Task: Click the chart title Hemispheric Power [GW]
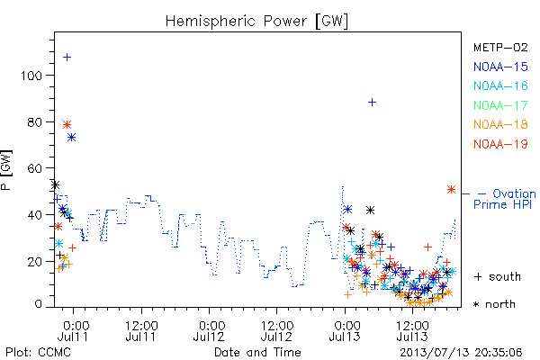click(x=256, y=21)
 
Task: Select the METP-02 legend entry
click(x=500, y=47)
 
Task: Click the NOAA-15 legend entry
click(x=500, y=67)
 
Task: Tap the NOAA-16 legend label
click(x=500, y=85)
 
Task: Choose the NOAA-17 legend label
click(x=500, y=105)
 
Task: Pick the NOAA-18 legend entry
click(x=500, y=124)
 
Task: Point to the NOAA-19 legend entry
click(x=500, y=144)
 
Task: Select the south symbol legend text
click(x=498, y=276)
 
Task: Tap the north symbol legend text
click(x=494, y=304)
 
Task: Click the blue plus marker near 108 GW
click(x=67, y=58)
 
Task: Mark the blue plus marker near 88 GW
click(x=372, y=103)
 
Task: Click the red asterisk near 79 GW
click(x=67, y=124)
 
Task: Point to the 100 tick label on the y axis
click(x=31, y=76)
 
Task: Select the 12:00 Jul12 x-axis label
click(x=277, y=330)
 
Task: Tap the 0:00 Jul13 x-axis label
click(x=345, y=330)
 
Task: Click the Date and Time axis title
click(x=257, y=353)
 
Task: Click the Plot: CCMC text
click(x=38, y=353)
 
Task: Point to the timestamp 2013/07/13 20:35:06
click(x=461, y=353)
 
